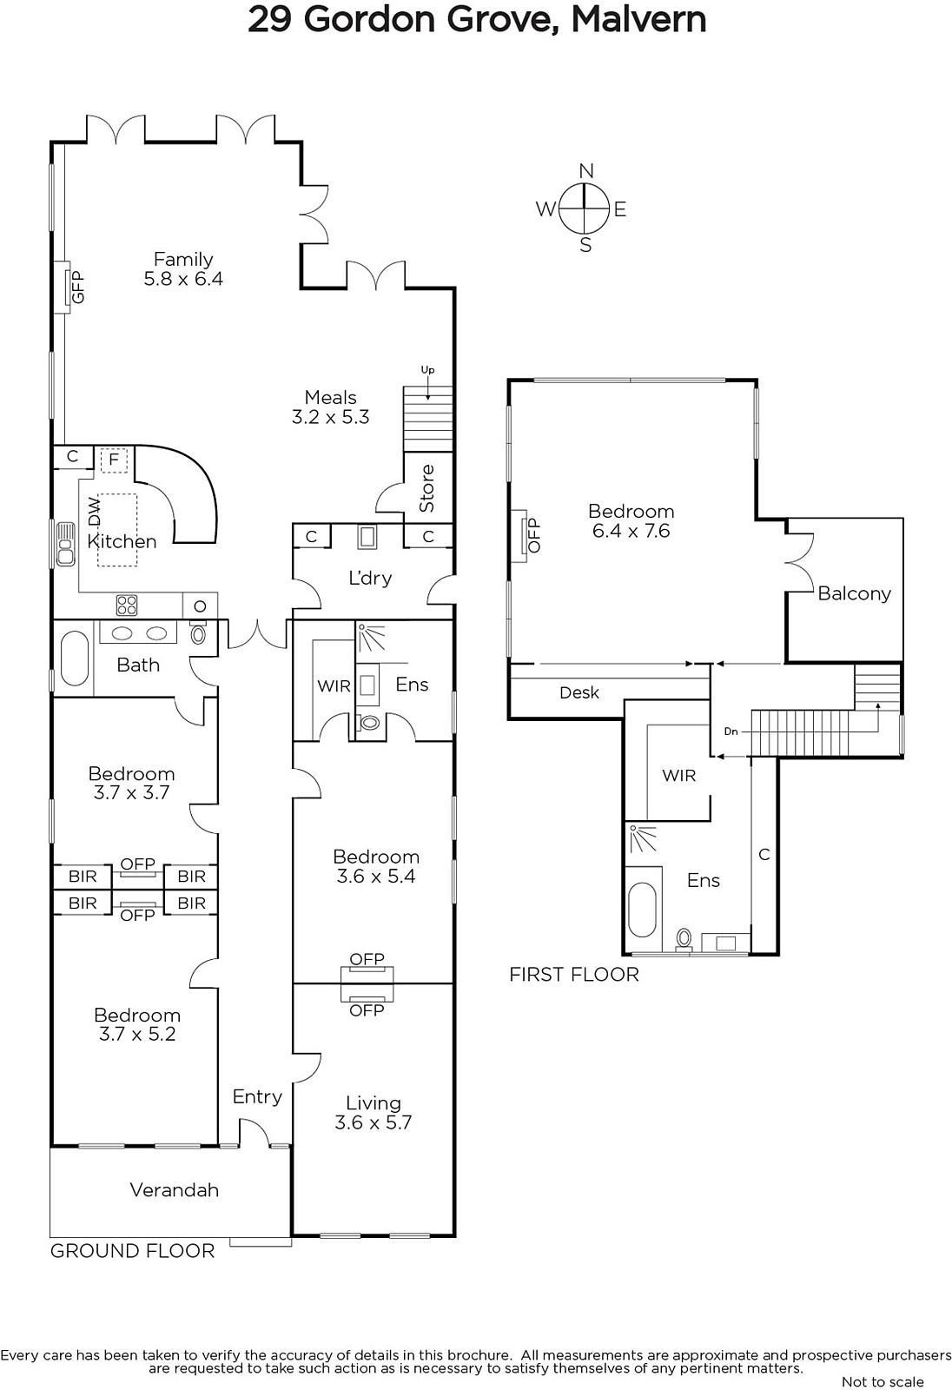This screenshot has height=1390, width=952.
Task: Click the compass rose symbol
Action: (584, 208)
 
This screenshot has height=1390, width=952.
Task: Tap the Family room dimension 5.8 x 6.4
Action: (183, 279)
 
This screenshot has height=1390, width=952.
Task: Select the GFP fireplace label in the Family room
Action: (77, 287)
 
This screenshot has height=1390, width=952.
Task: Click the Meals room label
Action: (331, 397)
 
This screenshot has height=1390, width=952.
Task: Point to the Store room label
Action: (427, 488)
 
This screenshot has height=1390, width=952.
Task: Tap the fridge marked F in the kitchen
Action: (114, 460)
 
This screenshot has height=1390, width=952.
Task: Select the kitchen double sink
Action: (64, 544)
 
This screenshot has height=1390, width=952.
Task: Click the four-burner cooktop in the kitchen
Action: (127, 605)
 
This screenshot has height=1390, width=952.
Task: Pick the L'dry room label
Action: (371, 579)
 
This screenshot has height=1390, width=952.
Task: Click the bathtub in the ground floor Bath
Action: (75, 659)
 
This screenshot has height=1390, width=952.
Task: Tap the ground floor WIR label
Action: (334, 685)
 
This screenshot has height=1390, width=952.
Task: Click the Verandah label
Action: (175, 1189)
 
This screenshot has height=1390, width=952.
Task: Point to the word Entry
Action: (258, 1097)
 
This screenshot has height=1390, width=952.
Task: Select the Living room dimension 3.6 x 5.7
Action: (373, 1122)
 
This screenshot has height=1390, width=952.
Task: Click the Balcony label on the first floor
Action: (854, 594)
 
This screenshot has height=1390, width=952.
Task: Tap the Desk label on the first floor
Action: (579, 692)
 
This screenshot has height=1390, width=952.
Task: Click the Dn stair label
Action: (731, 731)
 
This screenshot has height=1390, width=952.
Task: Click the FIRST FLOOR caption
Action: (574, 975)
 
